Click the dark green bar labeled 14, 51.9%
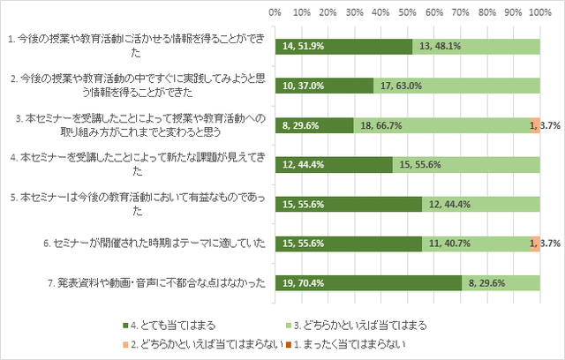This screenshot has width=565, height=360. (343, 47)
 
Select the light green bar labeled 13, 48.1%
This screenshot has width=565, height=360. (476, 47)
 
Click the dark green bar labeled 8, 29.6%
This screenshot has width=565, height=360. (313, 125)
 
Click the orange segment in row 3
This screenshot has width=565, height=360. (535, 125)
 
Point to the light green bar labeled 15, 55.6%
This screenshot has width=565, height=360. (466, 164)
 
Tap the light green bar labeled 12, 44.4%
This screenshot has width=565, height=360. (481, 204)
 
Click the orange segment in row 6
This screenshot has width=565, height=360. (535, 243)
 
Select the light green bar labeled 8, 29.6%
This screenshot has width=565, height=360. (501, 282)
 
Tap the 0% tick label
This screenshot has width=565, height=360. (275, 13)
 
